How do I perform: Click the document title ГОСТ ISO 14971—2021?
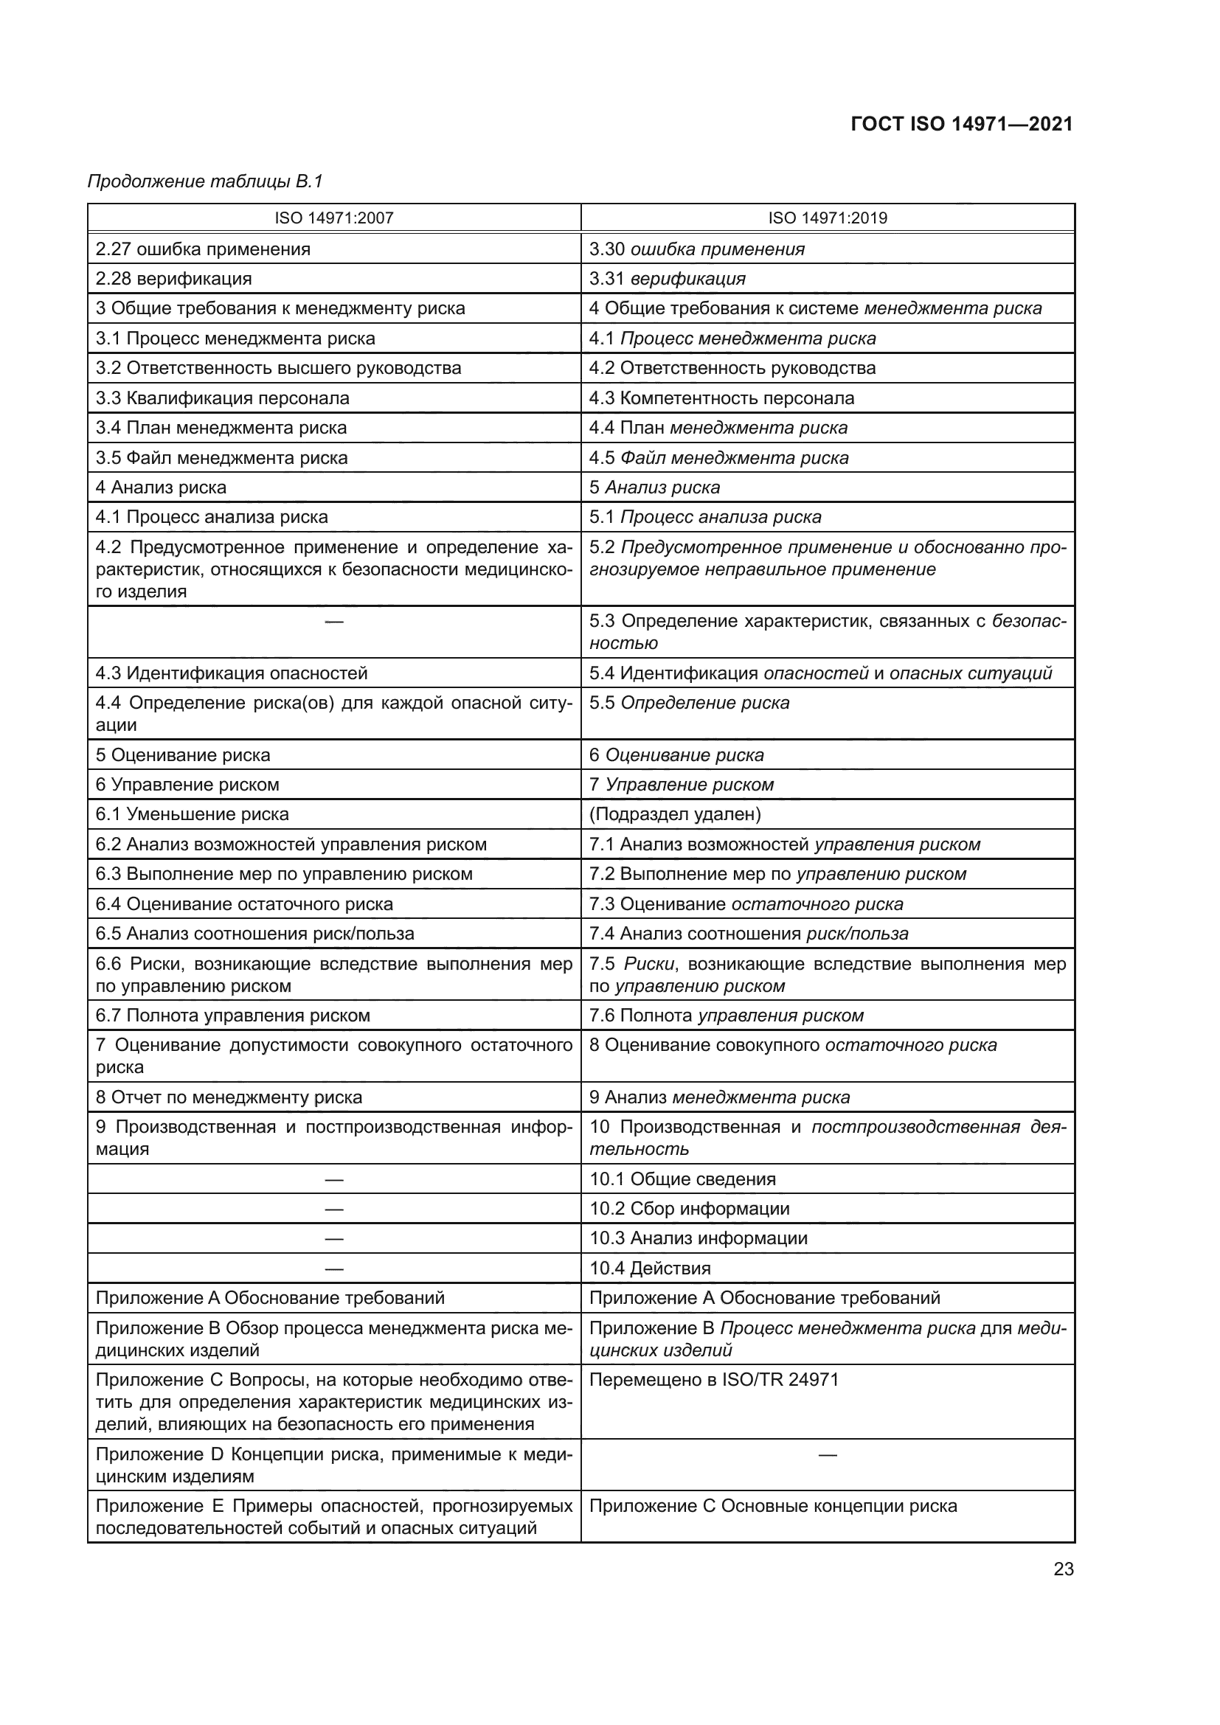(962, 124)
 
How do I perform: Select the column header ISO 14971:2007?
(333, 218)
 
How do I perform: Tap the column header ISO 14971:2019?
(827, 218)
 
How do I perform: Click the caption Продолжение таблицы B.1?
(205, 181)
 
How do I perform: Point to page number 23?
(1063, 1569)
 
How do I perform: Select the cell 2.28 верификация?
(173, 279)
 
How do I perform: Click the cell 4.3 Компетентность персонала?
(721, 398)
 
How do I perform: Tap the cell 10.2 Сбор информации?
(689, 1208)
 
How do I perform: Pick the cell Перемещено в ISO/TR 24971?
(714, 1379)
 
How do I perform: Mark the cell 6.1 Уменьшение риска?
(192, 814)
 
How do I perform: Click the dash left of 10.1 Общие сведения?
(333, 1179)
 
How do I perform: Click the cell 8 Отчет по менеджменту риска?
(229, 1097)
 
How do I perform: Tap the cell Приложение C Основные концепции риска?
(773, 1507)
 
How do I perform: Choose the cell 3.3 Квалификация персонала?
(222, 398)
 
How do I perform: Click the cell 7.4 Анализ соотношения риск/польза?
(748, 934)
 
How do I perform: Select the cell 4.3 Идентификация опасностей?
(232, 673)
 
